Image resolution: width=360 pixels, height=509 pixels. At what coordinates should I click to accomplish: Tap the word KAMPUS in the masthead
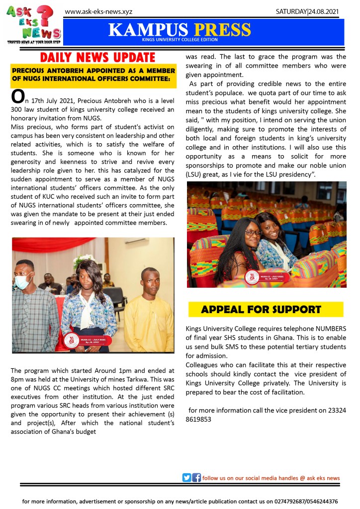(149, 29)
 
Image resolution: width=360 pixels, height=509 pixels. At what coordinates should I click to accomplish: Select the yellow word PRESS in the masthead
(222, 29)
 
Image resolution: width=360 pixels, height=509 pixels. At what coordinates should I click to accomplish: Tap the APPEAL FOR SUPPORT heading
(261, 309)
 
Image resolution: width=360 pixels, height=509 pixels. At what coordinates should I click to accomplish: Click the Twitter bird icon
(186, 478)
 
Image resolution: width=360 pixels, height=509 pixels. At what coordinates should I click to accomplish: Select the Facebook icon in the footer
(196, 478)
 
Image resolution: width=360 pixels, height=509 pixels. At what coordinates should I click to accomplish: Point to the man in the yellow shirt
(149, 308)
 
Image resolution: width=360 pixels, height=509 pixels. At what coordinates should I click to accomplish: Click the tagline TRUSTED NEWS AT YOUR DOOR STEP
(33, 43)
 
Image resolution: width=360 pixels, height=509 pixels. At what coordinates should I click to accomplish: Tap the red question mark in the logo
(46, 15)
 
